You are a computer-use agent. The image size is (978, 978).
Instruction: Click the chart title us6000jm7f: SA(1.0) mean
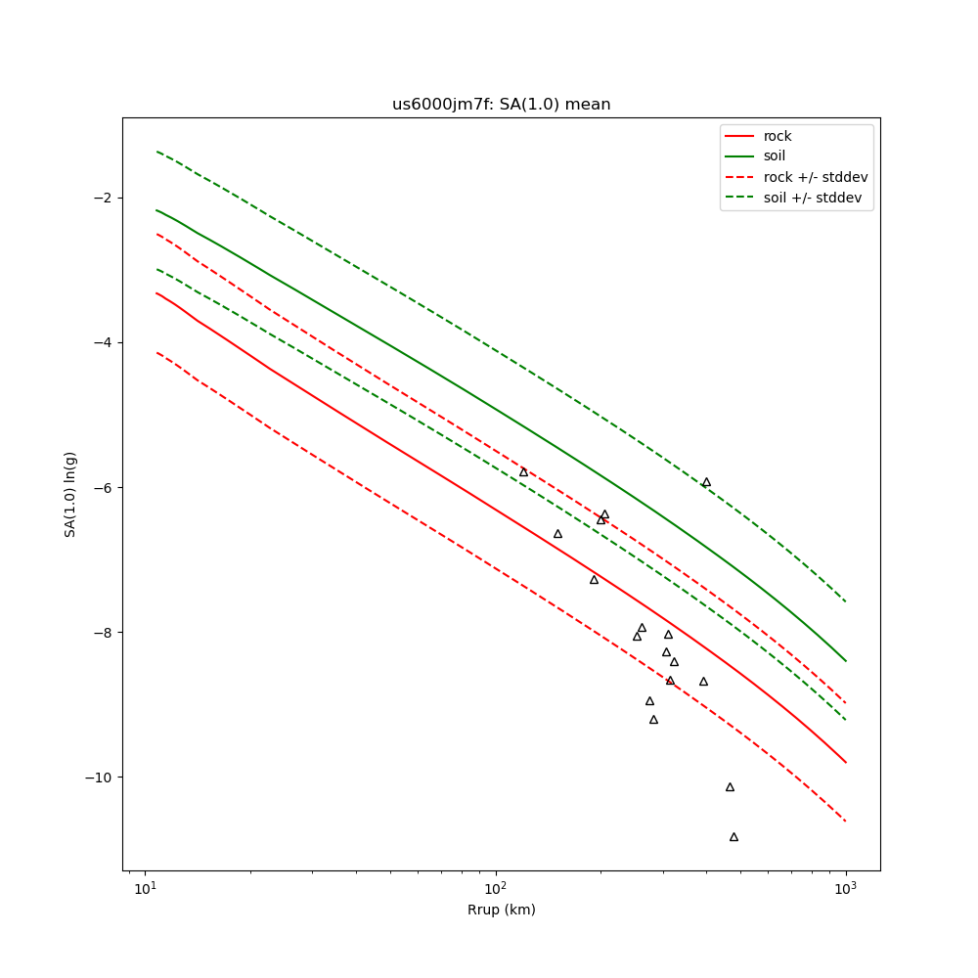[501, 105]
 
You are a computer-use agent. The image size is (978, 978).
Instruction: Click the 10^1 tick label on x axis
[145, 889]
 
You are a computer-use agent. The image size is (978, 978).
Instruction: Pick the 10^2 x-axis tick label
[496, 889]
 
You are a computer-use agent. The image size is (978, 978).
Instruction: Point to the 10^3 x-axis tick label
[846, 889]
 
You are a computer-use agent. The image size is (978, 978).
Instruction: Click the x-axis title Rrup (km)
[501, 910]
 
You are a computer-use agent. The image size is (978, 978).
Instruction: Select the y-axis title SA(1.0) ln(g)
[70, 494]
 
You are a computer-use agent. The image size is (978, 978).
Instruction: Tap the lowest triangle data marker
[733, 837]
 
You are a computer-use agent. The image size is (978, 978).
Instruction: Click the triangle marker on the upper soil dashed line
[706, 482]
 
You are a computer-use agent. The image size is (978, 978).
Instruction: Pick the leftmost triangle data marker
[523, 472]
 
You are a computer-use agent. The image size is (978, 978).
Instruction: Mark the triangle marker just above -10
[730, 787]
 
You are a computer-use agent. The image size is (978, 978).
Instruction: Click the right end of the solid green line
[846, 661]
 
